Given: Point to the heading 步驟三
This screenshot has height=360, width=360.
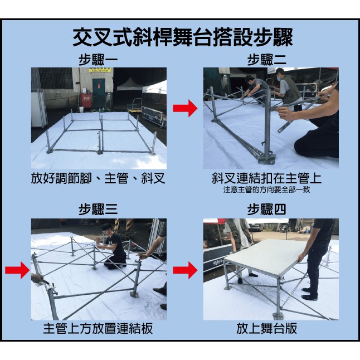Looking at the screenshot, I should click(x=98, y=210).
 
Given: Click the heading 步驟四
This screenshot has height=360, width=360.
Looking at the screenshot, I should click(x=266, y=210).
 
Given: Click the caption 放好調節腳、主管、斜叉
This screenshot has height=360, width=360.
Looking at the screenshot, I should click(x=98, y=178).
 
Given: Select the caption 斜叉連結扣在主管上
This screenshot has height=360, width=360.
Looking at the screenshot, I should click(x=267, y=178).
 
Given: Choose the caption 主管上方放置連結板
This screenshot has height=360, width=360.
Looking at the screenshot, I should click(x=98, y=328).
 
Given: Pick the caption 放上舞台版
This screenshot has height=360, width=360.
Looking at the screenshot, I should click(x=266, y=328).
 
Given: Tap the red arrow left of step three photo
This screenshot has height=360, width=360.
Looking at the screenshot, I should click(x=17, y=271).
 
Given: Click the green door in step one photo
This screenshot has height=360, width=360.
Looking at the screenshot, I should click(x=99, y=89).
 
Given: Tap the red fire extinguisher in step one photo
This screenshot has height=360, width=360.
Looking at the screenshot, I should click(x=85, y=101).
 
